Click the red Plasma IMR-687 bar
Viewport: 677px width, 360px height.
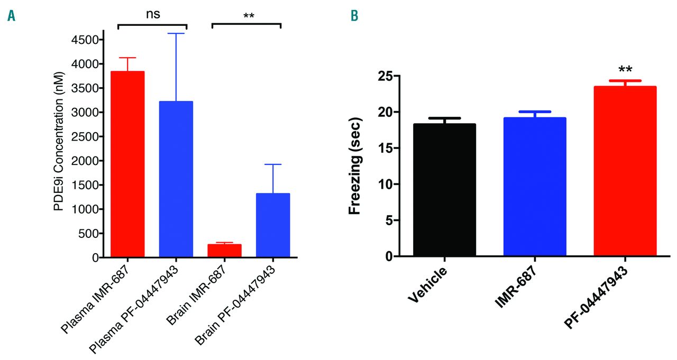coord(127,164)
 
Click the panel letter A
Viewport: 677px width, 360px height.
coord(11,16)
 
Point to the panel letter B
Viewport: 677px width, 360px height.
coord(354,16)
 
